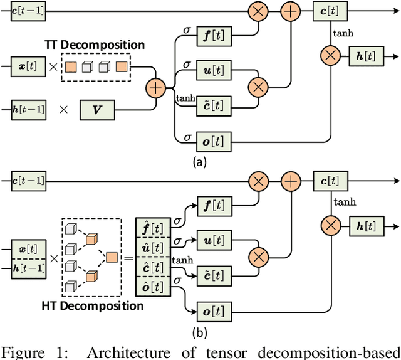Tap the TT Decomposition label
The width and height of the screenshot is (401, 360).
[x=94, y=45]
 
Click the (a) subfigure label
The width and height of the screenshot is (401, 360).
[x=200, y=161]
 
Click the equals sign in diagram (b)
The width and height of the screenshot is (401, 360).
[x=129, y=258]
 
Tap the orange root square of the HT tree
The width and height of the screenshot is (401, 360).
[x=111, y=257]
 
